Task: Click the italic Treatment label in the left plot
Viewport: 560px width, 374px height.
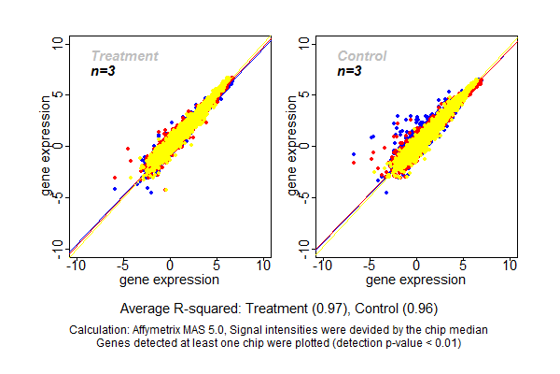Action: (124, 56)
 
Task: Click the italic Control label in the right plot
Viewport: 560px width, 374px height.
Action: (362, 56)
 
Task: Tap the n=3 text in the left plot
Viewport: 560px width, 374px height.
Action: (103, 71)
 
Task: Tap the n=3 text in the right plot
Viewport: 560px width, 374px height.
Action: (349, 71)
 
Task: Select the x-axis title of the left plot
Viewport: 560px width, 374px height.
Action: (171, 279)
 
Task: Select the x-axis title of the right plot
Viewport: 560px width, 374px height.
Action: (416, 279)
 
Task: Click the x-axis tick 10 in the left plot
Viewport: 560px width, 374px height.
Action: (264, 266)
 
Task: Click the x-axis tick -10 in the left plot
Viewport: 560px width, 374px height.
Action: (75, 266)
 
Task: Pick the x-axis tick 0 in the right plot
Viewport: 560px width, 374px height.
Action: (416, 266)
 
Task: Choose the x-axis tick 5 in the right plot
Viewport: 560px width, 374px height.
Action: (463, 266)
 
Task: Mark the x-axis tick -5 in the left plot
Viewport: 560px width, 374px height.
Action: (122, 266)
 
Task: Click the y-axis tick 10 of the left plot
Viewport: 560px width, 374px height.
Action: (58, 43)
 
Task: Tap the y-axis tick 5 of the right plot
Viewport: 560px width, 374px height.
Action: (303, 94)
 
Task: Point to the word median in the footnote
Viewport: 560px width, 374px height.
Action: (469, 330)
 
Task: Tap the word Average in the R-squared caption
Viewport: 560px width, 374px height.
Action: (146, 308)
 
